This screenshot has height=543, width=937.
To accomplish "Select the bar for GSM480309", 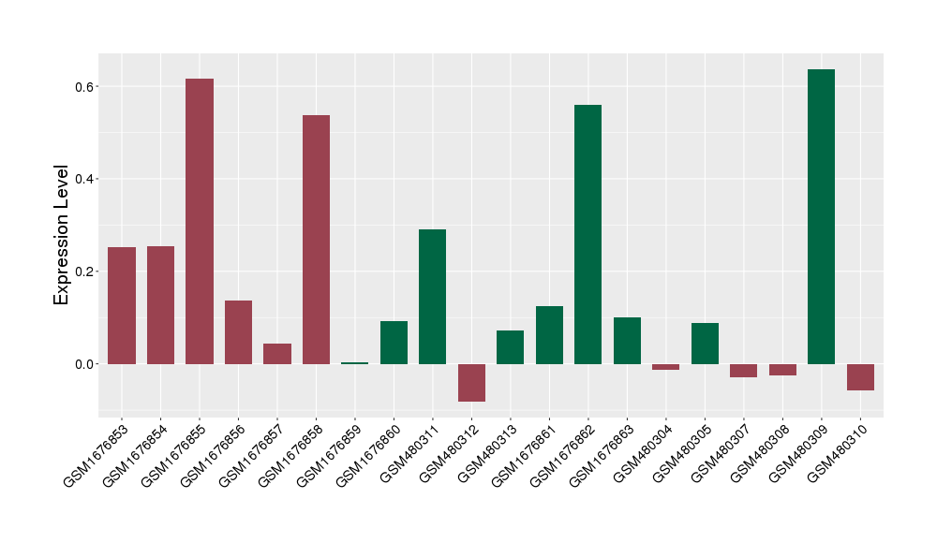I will tap(821, 216).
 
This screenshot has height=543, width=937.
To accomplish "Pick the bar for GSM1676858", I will tap(316, 239).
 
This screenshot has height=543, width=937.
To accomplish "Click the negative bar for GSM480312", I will tap(471, 382).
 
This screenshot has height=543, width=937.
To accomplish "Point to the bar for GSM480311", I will tap(432, 296).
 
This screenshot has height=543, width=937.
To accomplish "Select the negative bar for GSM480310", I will tap(860, 376).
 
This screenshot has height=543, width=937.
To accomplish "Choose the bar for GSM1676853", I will tap(122, 305).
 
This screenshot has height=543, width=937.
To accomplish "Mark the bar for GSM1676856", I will tap(238, 331).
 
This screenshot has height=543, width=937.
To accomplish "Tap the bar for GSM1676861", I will tap(549, 334).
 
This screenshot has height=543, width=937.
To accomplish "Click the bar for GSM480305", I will tap(705, 343).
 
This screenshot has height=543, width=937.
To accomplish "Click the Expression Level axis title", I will tap(62, 235).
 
